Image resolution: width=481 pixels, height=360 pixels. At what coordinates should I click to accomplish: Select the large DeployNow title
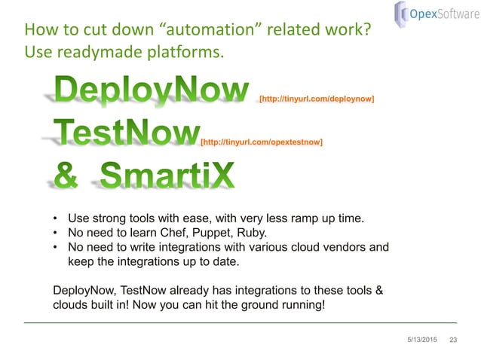(151, 93)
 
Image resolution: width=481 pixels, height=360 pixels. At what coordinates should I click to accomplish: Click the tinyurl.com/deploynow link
(317, 99)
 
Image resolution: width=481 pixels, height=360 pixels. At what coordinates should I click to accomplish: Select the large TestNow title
(124, 134)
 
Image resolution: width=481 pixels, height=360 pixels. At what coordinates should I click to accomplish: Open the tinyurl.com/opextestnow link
(261, 141)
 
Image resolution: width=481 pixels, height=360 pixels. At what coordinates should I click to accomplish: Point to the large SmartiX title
(166, 177)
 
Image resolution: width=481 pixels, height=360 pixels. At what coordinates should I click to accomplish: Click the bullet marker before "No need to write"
(56, 246)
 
